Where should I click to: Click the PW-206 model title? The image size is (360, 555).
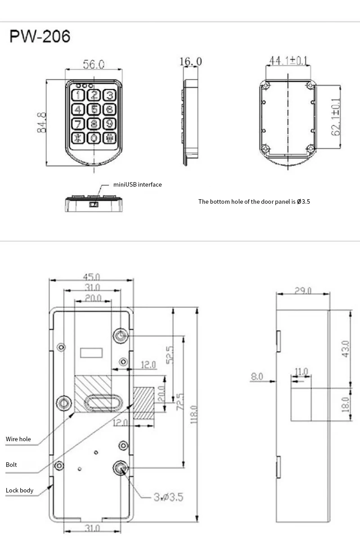coord(40,36)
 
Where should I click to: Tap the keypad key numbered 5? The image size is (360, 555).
coord(94,109)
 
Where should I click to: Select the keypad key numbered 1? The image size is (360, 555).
coord(78,95)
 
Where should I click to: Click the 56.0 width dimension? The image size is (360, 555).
coord(94,64)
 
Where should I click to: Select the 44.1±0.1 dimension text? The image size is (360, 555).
coord(288,60)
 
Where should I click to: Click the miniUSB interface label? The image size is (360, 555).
coord(137,184)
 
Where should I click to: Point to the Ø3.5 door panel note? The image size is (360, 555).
coord(254,201)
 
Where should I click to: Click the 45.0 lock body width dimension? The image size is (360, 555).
coord(92,276)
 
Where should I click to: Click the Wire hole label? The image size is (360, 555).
coord(18,439)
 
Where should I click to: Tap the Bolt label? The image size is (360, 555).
coord(12,464)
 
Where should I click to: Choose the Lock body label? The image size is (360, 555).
coord(20,490)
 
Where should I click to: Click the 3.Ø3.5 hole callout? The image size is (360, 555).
coord(168,497)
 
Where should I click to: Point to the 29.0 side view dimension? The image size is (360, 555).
coord(303,291)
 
